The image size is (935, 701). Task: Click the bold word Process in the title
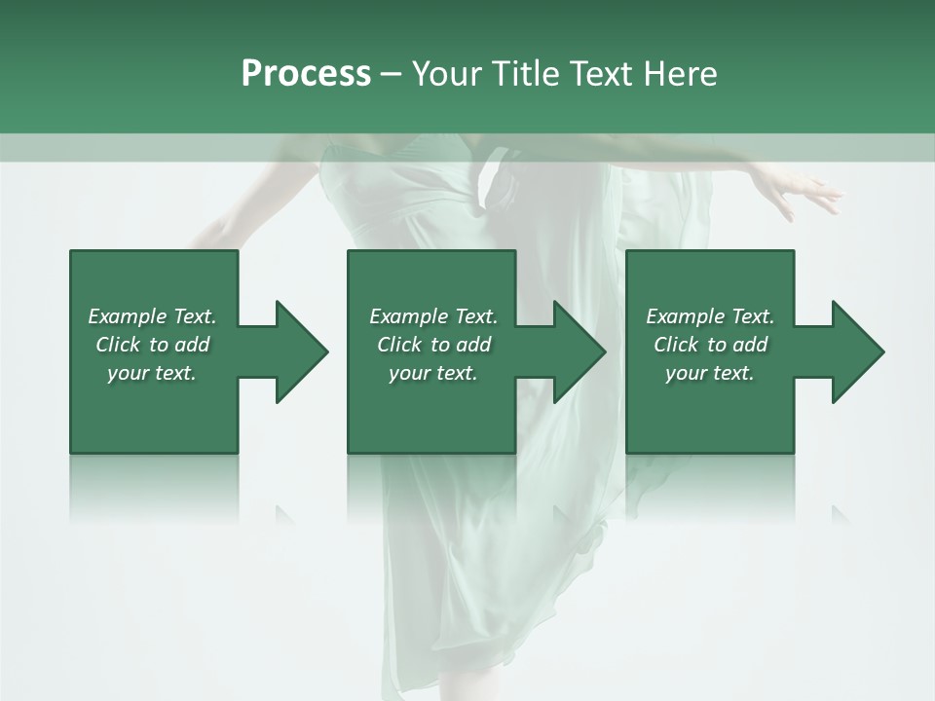coord(306,74)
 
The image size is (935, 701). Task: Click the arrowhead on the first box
coord(301,351)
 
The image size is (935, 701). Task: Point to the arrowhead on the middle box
coord(579,351)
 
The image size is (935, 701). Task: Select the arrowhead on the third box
coord(857,351)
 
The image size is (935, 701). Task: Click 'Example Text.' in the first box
coord(152,316)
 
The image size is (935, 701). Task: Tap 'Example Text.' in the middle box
coord(433,316)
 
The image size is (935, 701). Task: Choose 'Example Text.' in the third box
coord(710,316)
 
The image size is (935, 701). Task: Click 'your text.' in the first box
coord(152,373)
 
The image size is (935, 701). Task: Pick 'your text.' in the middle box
coord(433,373)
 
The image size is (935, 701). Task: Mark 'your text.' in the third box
coord(710,373)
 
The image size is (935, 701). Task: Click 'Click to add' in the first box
coord(152,345)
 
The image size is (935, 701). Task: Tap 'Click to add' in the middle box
coord(433,345)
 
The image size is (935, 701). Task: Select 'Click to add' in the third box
coord(710,345)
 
